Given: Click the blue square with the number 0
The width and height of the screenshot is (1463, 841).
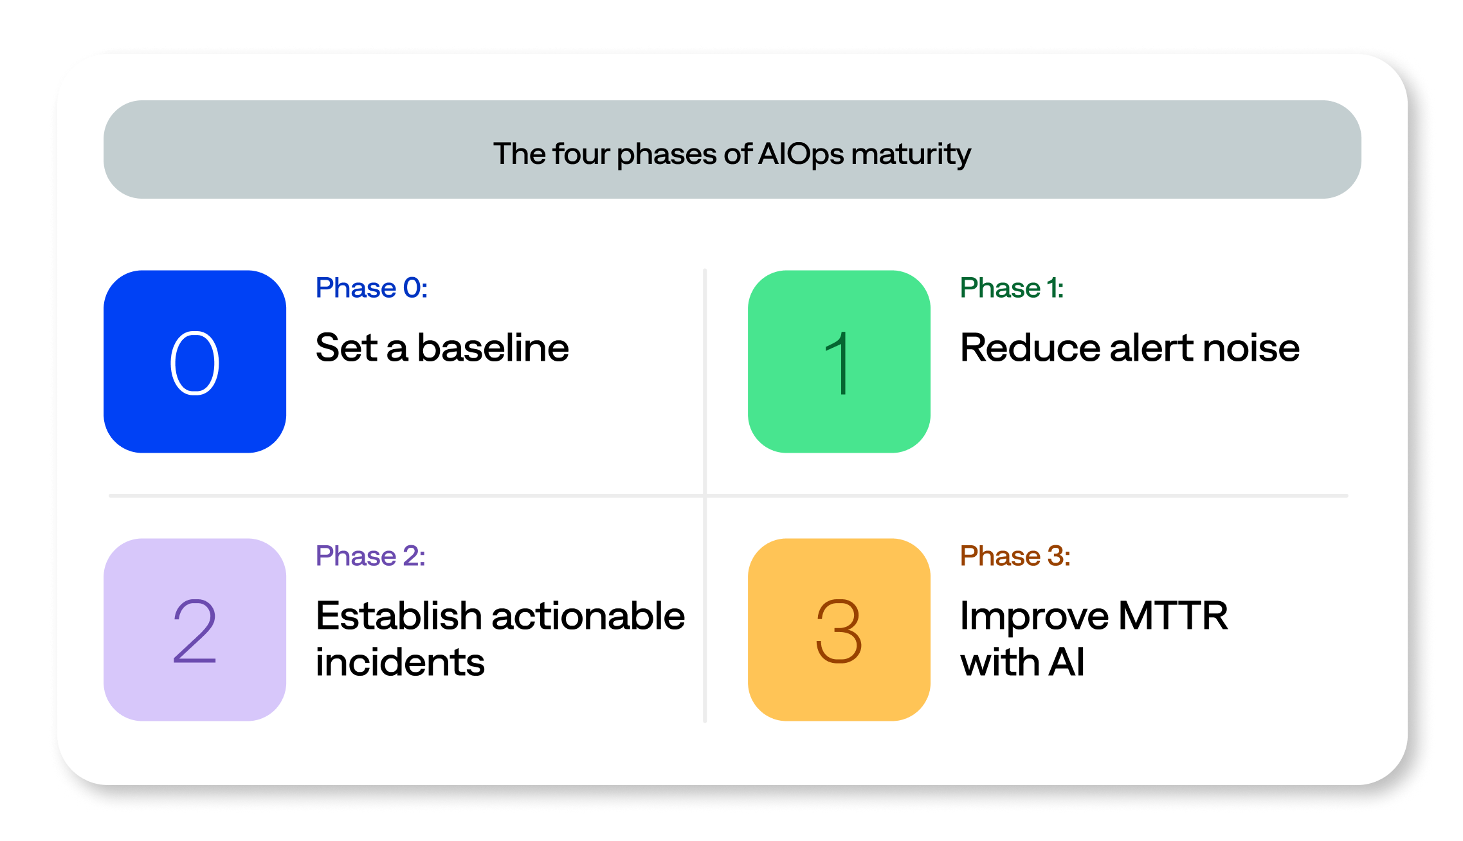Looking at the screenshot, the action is (195, 361).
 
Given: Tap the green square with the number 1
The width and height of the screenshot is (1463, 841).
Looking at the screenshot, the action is (839, 361).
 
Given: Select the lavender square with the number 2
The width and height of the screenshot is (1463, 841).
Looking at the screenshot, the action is (195, 629).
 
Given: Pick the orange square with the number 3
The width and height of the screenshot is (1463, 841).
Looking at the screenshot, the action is (839, 629).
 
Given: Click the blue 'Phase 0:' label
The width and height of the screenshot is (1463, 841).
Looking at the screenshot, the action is (372, 288).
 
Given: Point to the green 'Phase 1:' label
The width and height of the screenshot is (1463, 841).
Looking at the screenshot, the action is (1012, 288).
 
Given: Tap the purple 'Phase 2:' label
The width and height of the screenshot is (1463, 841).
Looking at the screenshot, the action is (370, 556).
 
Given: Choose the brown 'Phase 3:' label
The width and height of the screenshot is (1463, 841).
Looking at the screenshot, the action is (1015, 556).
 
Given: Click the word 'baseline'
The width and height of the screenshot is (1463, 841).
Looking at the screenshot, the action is (493, 348).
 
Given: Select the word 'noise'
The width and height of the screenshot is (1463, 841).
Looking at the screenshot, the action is (1251, 348).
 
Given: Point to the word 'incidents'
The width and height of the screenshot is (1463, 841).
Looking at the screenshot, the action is (400, 662).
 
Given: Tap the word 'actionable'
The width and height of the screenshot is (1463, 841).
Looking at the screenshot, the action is (588, 616).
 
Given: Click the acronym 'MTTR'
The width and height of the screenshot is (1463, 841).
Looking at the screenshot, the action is (1174, 616).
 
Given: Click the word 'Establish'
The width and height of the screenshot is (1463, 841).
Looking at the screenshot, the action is (399, 616).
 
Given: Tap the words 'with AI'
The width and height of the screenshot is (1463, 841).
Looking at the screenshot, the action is (1022, 662).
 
